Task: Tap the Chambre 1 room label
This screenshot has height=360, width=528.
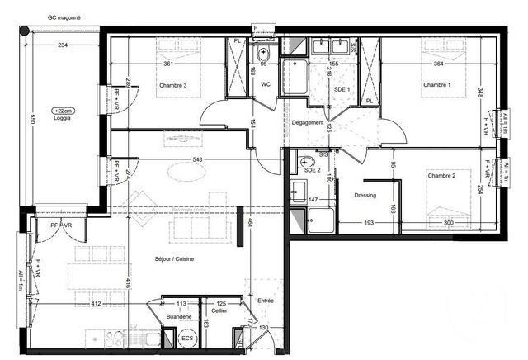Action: click(437, 85)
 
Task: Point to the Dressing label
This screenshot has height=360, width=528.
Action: click(364, 196)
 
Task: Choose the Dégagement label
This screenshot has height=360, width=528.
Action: click(307, 123)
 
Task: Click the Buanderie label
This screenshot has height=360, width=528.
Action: click(179, 316)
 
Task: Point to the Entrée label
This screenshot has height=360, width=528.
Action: click(266, 301)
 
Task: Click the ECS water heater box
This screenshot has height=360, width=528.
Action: click(188, 338)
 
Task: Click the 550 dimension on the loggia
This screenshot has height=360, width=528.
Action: click(34, 120)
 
